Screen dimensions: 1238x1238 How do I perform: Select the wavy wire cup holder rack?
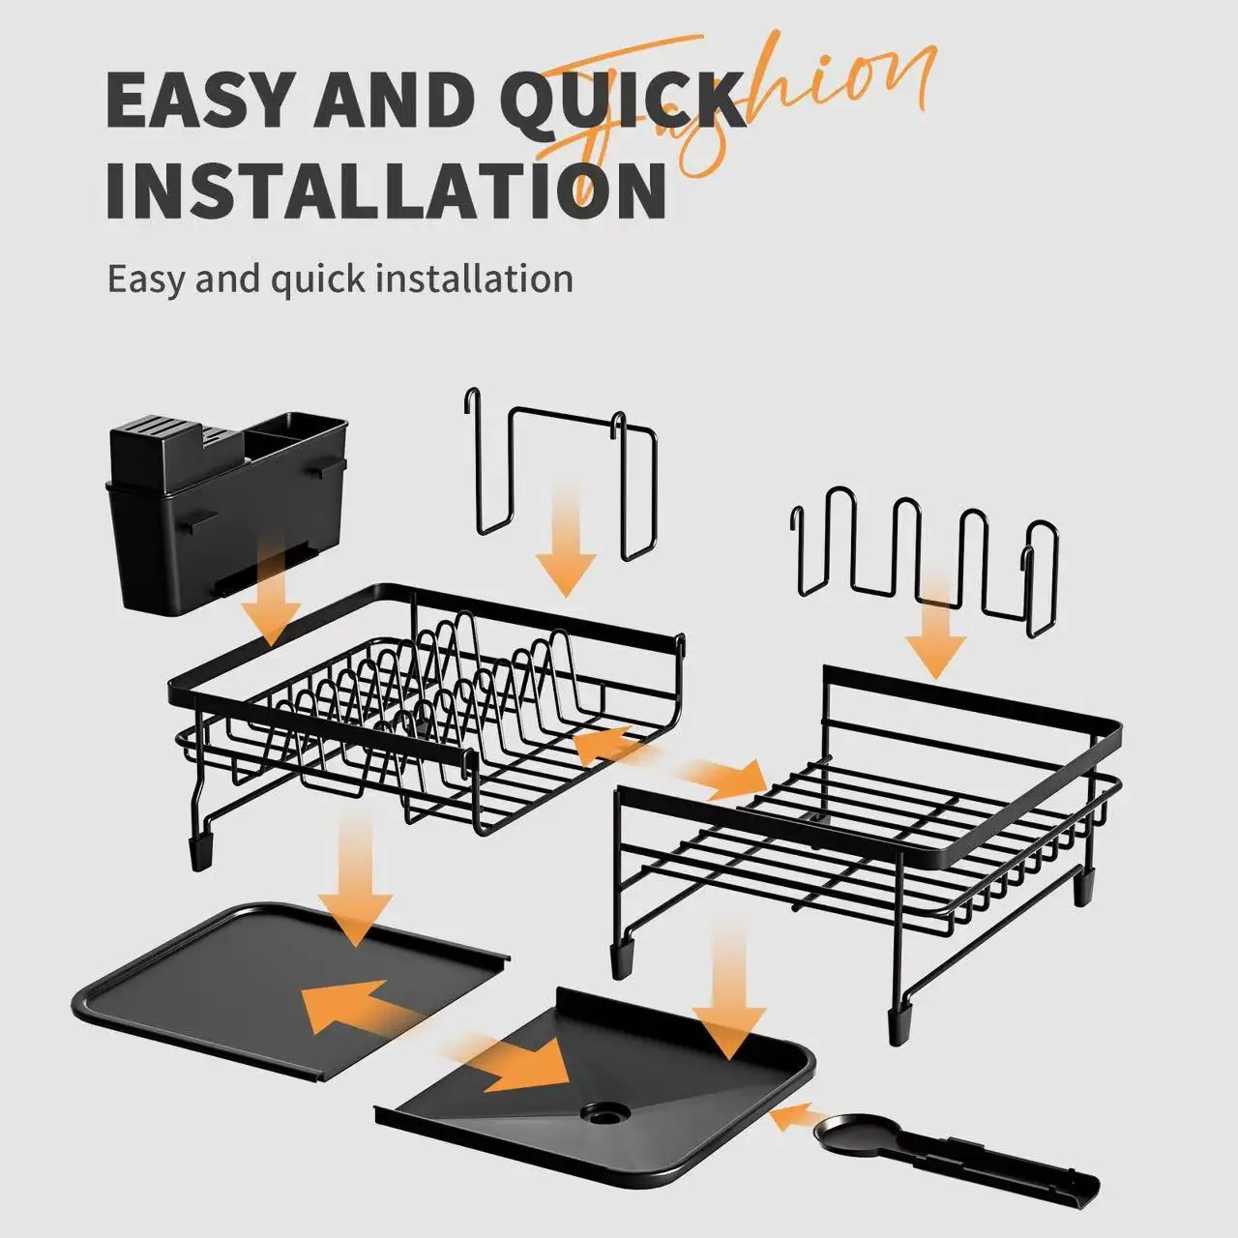[x=919, y=561]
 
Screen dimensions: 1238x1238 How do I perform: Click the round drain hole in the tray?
[x=604, y=1113]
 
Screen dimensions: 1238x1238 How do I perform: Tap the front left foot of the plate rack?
[x=202, y=850]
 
